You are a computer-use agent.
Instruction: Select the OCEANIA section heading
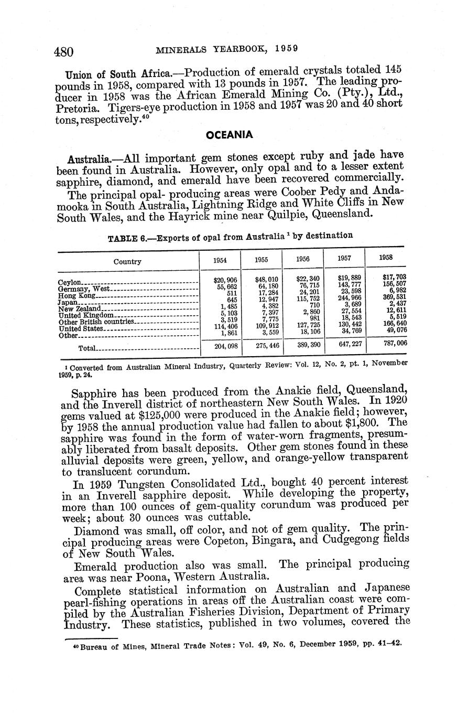click(x=229, y=135)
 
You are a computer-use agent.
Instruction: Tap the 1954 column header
click(x=220, y=260)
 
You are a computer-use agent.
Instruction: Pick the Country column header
click(x=127, y=261)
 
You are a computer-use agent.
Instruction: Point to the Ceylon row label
click(x=69, y=282)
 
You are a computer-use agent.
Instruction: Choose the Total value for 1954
click(x=226, y=347)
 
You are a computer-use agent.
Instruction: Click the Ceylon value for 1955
click(x=267, y=279)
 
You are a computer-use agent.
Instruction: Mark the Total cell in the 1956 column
click(x=308, y=346)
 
